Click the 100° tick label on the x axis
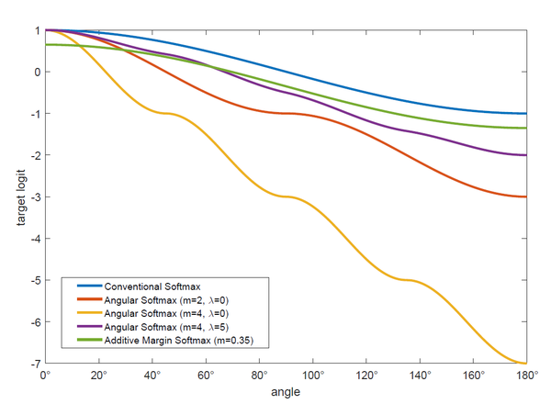(x=312, y=376)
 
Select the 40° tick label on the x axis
(x=152, y=376)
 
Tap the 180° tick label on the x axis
(x=526, y=376)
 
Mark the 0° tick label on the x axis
(x=46, y=376)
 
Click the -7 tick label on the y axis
(x=34, y=364)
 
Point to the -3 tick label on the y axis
(x=34, y=197)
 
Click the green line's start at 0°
(x=46, y=44)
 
